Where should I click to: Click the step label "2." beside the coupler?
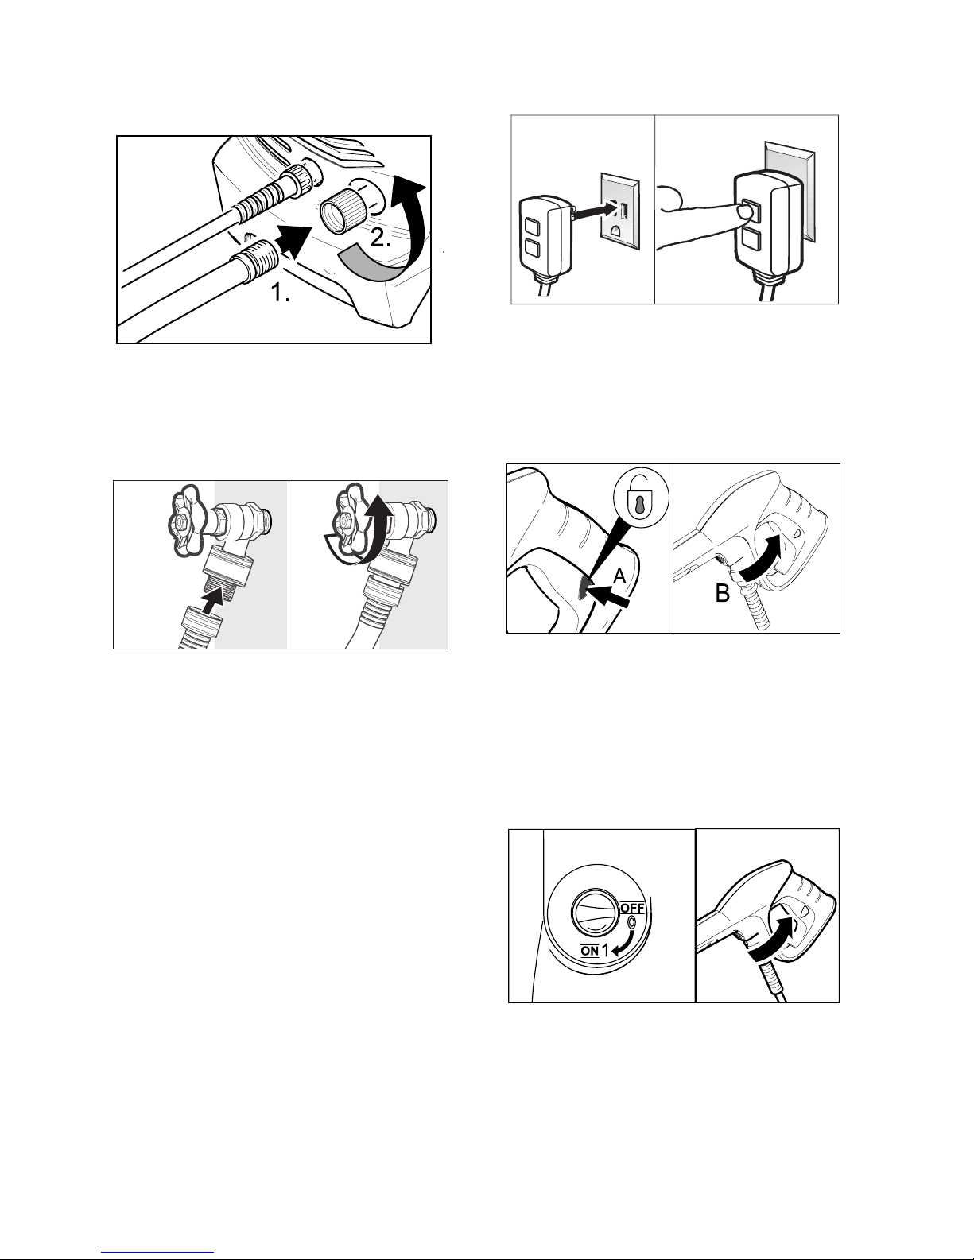pos(380,237)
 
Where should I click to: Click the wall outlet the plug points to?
pos(620,211)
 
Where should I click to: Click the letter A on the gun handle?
pos(619,576)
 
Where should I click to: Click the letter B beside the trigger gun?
pos(723,593)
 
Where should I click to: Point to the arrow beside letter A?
pos(607,596)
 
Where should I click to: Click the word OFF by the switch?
pos(633,908)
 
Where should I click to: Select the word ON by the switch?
pos(590,951)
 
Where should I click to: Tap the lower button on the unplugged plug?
pos(532,249)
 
